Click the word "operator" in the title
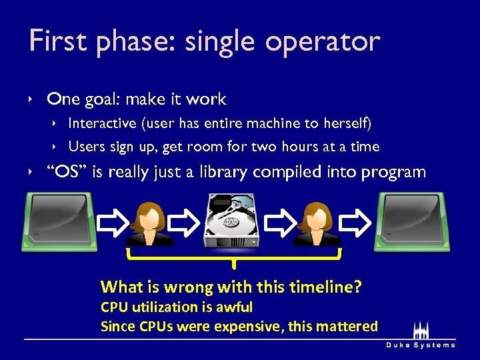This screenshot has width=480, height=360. (x=322, y=42)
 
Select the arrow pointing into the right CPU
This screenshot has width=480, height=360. (x=361, y=222)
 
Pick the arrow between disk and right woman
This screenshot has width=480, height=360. (x=281, y=222)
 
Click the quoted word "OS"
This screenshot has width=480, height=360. (x=67, y=172)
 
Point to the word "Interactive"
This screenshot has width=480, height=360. (x=102, y=123)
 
